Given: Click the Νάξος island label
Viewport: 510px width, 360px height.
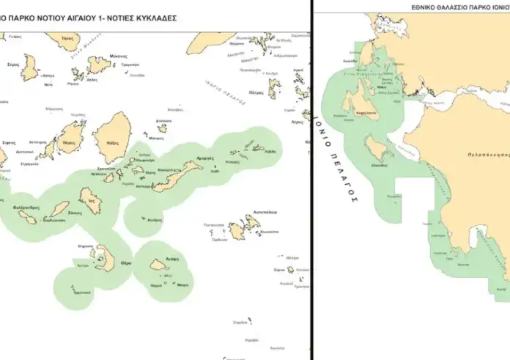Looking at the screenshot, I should coord(113,144).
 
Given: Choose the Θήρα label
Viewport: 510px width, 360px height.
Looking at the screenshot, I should coord(125,262).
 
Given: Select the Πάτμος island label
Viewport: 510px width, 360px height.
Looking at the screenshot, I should coord(256,93).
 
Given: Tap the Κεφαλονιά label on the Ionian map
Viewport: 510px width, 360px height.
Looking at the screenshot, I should coord(366,114).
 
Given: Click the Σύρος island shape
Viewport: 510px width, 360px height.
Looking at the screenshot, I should coord(30,67).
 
